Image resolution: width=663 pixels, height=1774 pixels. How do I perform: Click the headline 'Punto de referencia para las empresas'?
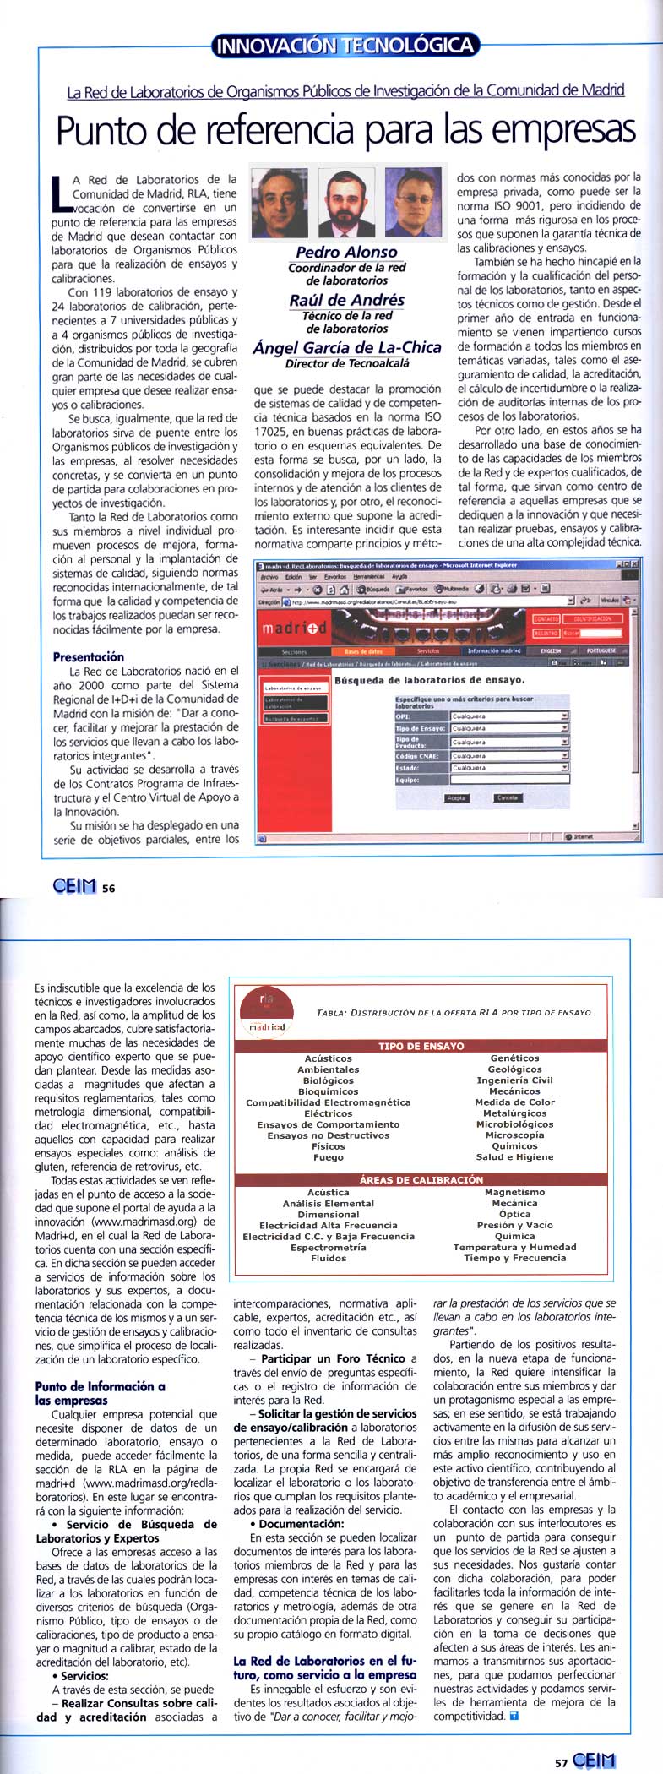[x=345, y=130]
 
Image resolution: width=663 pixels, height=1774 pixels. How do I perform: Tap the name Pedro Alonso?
[x=346, y=252]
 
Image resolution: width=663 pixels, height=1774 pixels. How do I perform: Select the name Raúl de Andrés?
[x=346, y=300]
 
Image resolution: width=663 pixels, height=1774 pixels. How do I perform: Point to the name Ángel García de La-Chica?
[x=346, y=347]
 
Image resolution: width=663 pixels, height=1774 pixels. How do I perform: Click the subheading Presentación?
[x=89, y=656]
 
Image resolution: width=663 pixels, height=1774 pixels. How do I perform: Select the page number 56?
[x=108, y=888]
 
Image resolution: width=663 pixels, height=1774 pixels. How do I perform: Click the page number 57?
[x=561, y=1762]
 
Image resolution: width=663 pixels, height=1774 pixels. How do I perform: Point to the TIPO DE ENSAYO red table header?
[x=421, y=1046]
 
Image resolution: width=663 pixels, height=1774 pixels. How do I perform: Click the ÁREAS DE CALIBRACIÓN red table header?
[x=421, y=1180]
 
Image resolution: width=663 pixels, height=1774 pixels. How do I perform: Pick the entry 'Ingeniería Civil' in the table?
[x=514, y=1080]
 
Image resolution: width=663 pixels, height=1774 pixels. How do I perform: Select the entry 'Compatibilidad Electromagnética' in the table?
[x=329, y=1102]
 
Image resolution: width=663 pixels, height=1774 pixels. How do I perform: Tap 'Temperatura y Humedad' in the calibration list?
[x=514, y=1247]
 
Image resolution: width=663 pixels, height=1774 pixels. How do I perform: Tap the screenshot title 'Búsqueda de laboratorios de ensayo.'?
[x=429, y=679]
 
